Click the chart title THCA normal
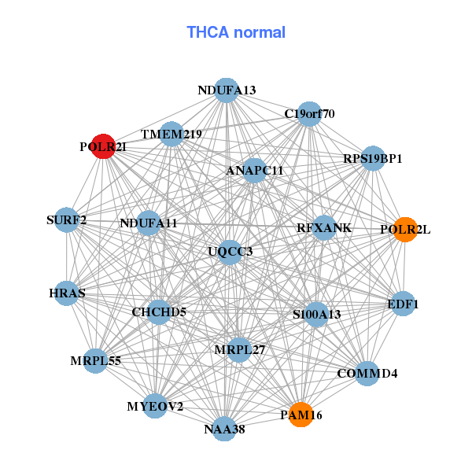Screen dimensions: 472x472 coord(236,32)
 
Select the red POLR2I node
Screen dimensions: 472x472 coord(103,146)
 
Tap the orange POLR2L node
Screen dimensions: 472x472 coord(404,230)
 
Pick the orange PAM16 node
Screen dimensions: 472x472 coord(301,414)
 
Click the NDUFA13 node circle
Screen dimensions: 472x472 coord(227,90)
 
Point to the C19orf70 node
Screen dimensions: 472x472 coord(309,114)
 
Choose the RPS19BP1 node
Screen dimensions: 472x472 coord(372,159)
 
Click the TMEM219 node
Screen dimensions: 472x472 coord(171,135)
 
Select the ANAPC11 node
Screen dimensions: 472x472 coord(254,170)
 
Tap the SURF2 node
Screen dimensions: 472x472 coord(67,220)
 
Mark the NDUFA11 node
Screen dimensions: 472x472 coord(149,223)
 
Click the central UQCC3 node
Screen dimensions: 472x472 coord(230,252)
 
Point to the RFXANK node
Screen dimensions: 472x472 coord(324,228)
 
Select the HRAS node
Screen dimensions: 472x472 coord(67,293)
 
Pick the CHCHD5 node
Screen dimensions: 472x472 coord(159,312)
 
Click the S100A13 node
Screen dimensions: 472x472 coord(316,315)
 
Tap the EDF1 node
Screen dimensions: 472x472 coord(403,304)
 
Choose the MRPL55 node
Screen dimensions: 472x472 coord(95,361)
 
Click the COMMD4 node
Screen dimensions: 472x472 coord(367,373)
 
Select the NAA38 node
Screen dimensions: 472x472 coord(225,429)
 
